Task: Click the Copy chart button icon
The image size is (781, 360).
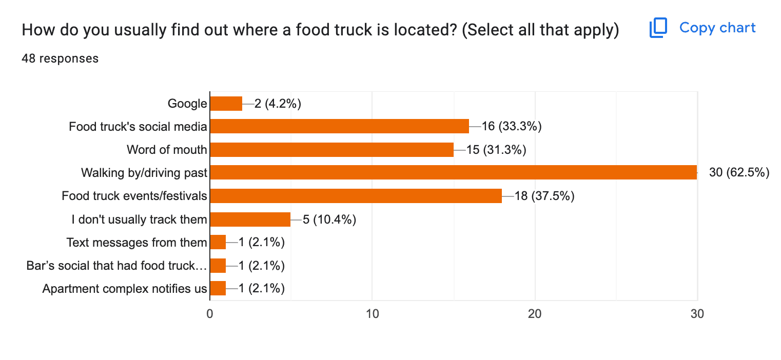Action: pyautogui.click(x=658, y=28)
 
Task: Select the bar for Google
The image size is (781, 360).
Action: pyautogui.click(x=226, y=104)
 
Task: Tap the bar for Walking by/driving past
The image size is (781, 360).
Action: pyautogui.click(x=453, y=173)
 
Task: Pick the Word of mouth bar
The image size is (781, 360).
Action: pyautogui.click(x=331, y=150)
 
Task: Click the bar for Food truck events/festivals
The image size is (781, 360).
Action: pyautogui.click(x=356, y=196)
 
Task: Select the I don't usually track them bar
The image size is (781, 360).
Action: pyautogui.click(x=250, y=219)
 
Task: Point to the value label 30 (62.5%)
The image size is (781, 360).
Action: pyautogui.click(x=739, y=173)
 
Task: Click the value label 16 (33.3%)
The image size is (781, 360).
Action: pyautogui.click(x=512, y=127)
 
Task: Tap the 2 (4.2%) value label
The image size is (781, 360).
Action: pyautogui.click(x=278, y=104)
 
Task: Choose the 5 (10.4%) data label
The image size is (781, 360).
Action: pyautogui.click(x=329, y=219)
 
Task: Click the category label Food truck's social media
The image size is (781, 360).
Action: pyautogui.click(x=138, y=127)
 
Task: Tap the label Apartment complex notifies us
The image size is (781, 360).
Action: pyautogui.click(x=125, y=289)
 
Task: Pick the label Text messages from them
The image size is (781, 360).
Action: pyautogui.click(x=136, y=242)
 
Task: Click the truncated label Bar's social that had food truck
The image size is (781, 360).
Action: pyautogui.click(x=117, y=266)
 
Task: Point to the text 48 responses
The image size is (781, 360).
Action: pyautogui.click(x=60, y=58)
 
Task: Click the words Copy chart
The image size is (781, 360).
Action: pyautogui.click(x=717, y=28)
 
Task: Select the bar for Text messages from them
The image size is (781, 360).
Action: pyautogui.click(x=218, y=242)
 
